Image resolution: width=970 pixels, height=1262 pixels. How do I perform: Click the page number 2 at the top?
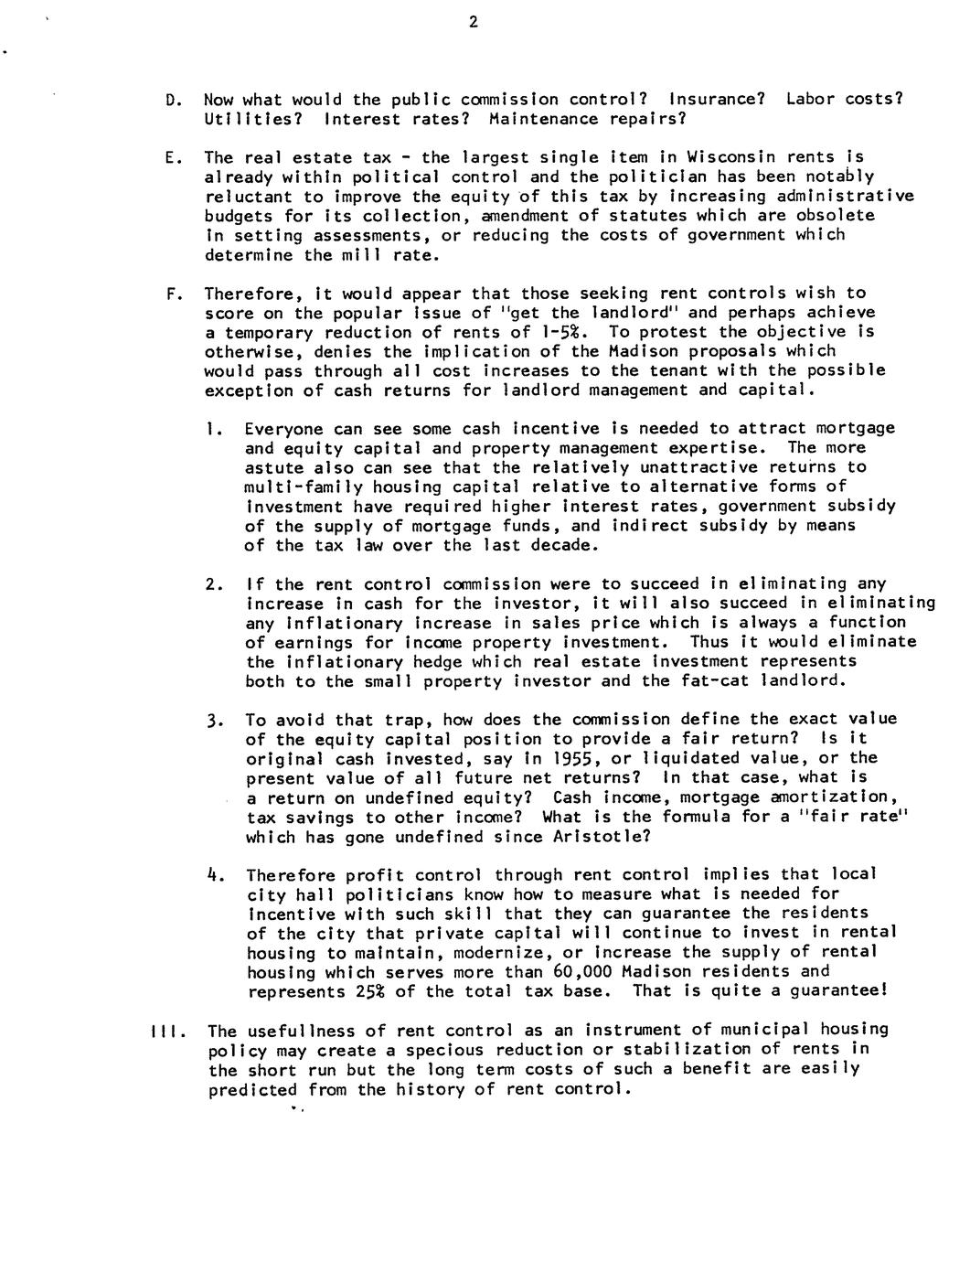[x=473, y=23]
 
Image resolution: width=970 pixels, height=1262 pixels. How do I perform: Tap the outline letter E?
[x=171, y=157]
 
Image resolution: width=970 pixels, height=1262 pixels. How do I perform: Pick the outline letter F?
[x=171, y=294]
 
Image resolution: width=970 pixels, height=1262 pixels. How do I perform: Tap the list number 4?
[x=213, y=875]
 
